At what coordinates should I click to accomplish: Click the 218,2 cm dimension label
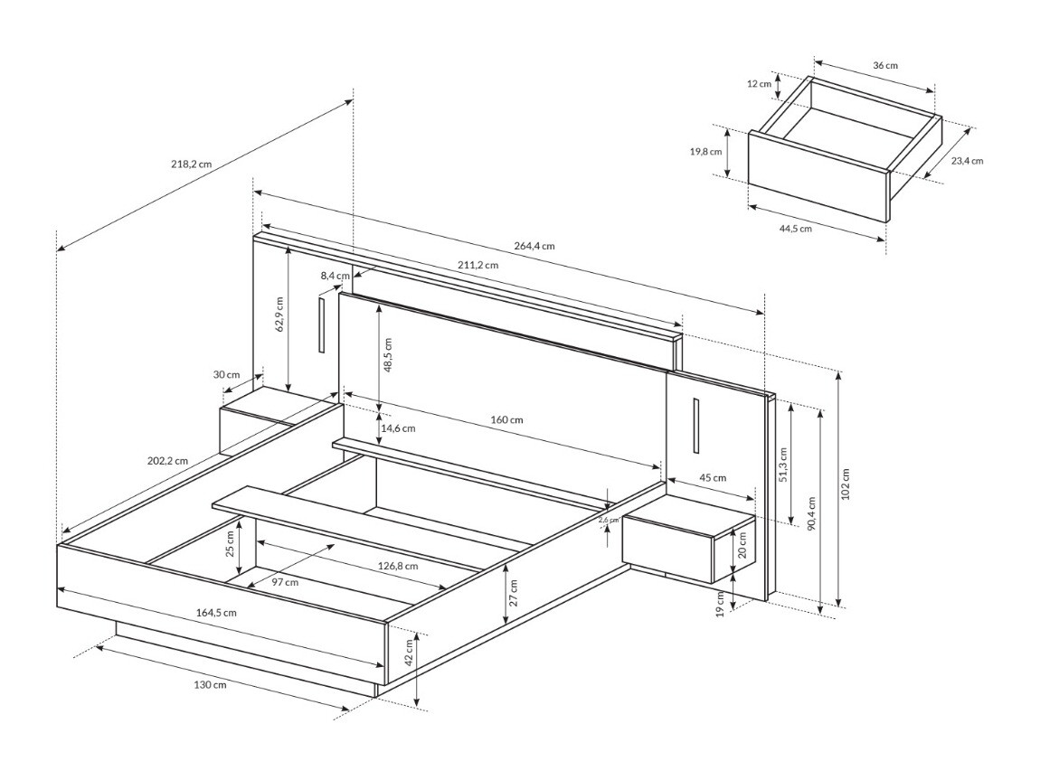point(191,164)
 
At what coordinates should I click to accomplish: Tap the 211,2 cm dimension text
point(477,265)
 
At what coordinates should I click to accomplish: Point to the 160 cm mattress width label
point(507,419)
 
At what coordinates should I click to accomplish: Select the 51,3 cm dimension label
point(783,465)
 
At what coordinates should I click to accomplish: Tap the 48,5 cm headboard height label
point(388,355)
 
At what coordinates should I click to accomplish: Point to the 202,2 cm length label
point(167,460)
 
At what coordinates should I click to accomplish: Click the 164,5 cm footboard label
point(216,612)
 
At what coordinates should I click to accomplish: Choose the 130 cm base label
point(210,684)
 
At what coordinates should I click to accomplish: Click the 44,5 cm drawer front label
point(795,229)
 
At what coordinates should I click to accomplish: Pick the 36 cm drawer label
point(885,65)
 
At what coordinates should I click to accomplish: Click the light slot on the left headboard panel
point(321,323)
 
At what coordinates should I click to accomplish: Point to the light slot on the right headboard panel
point(696,424)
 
